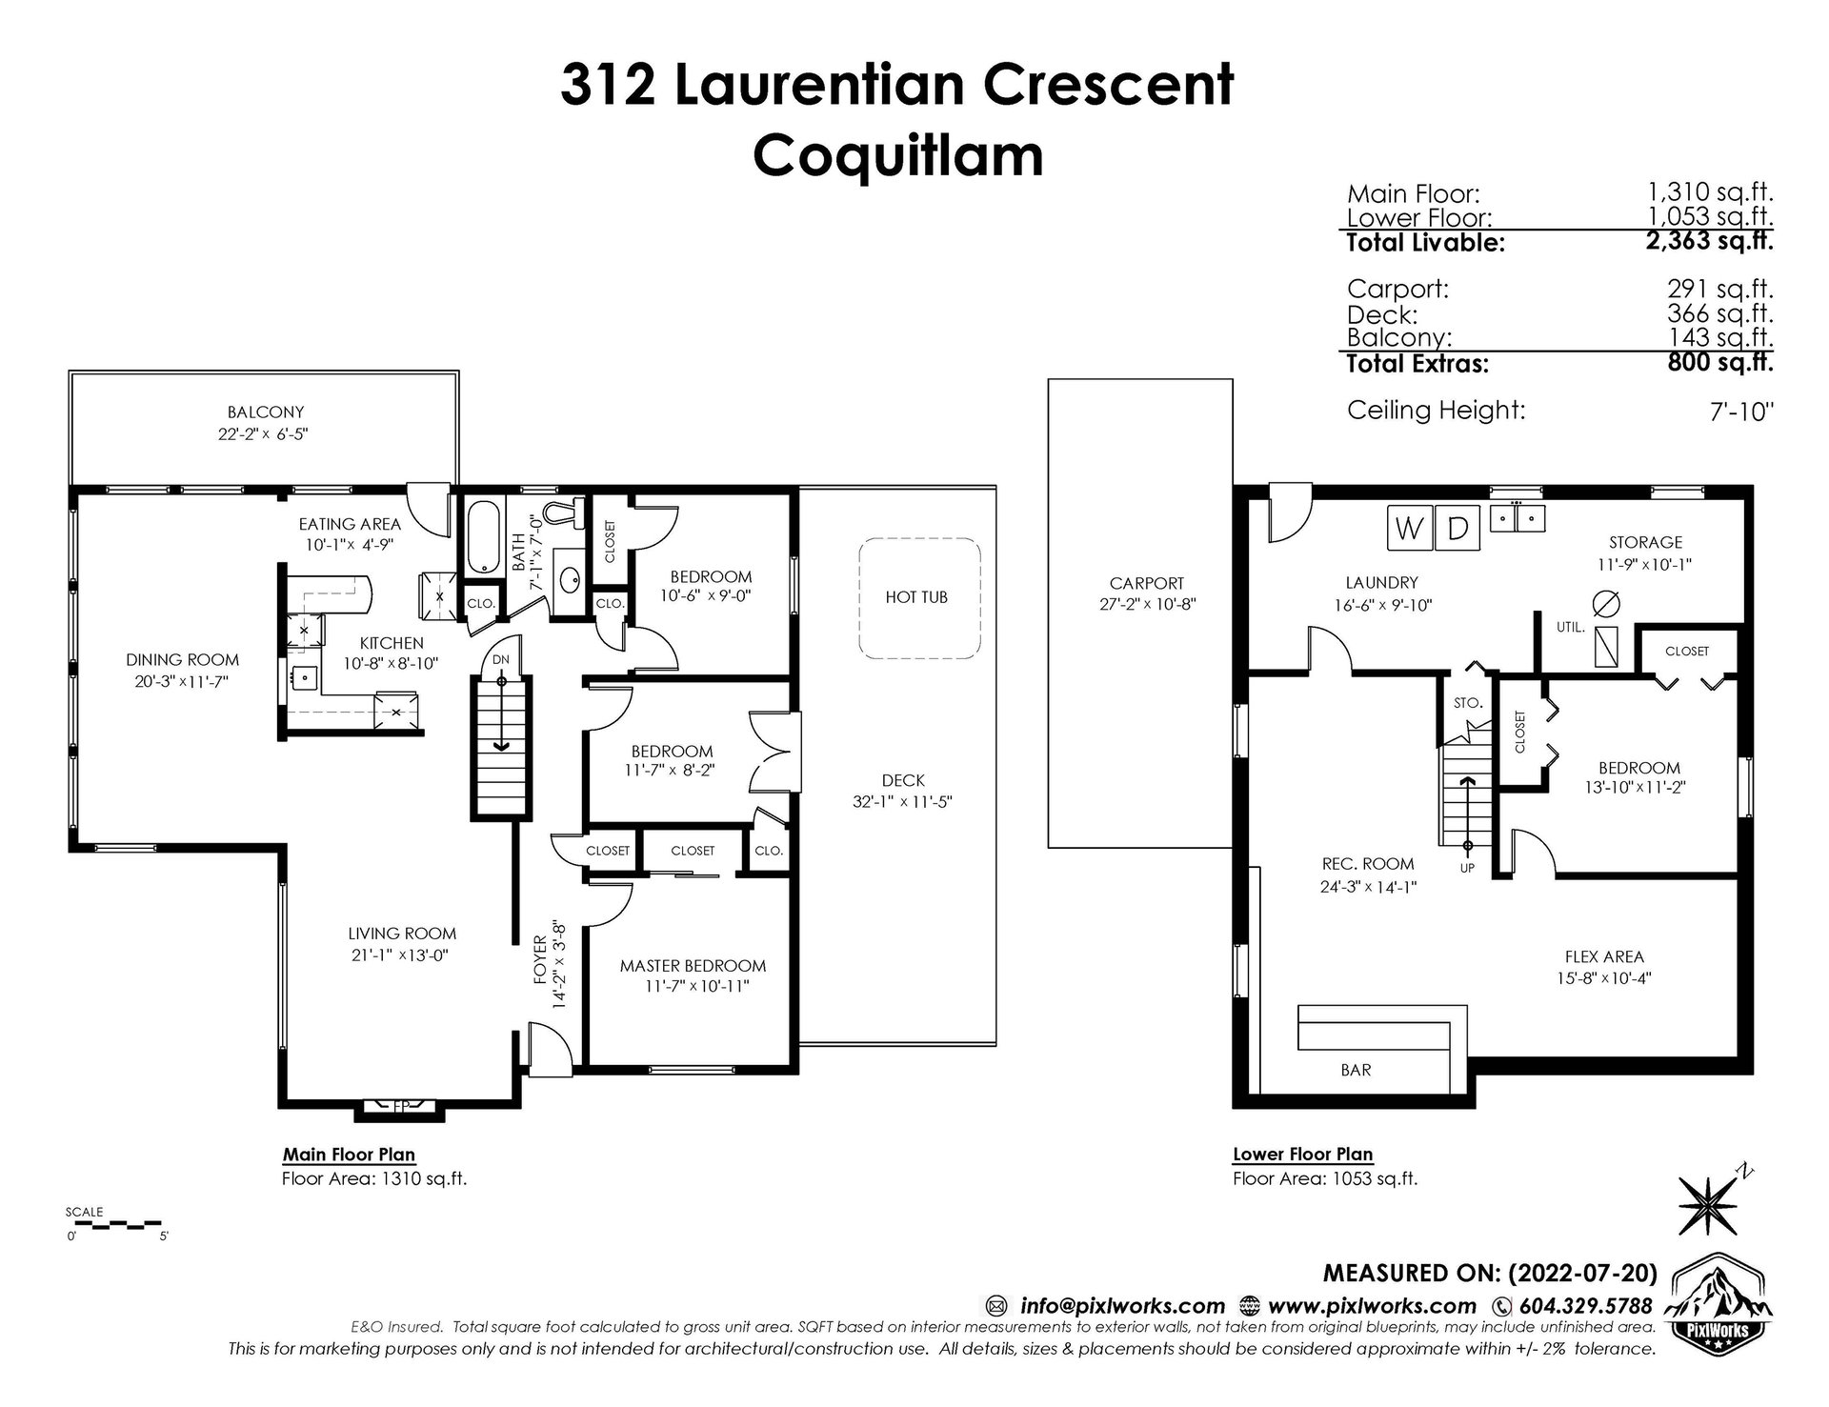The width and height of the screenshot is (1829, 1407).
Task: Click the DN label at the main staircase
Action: click(x=501, y=659)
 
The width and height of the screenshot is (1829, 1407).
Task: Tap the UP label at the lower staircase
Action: click(x=1467, y=868)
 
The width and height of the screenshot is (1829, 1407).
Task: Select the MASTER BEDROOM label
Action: click(x=693, y=965)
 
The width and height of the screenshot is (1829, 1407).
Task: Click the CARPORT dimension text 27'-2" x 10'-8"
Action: click(x=1147, y=604)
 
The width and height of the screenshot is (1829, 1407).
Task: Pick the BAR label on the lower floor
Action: click(x=1356, y=1070)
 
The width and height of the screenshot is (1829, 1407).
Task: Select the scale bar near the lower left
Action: click(x=112, y=1222)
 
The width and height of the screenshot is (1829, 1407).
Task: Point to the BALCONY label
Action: click(x=266, y=412)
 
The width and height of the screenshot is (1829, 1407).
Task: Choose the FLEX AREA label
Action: click(x=1604, y=956)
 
